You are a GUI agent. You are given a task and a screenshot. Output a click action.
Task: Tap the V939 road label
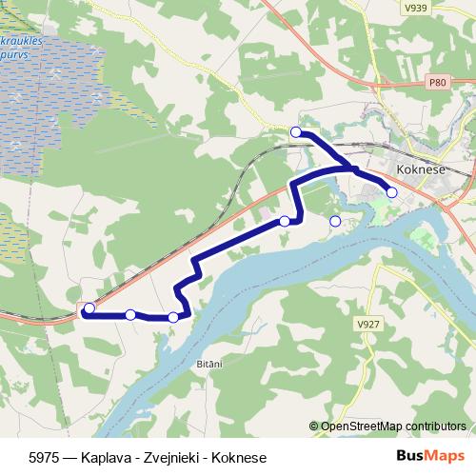(x=414, y=8)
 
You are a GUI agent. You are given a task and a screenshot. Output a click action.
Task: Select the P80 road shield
(x=437, y=83)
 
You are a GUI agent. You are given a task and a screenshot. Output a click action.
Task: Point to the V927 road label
(x=367, y=324)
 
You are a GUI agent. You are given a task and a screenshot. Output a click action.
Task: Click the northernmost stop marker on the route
(x=296, y=131)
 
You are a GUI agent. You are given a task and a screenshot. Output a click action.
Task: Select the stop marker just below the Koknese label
(x=391, y=192)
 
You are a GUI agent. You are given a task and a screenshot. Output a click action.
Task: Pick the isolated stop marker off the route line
(x=335, y=222)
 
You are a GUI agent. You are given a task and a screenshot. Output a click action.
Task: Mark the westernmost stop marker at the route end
(x=89, y=308)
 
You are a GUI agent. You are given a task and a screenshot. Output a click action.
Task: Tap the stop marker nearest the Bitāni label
(x=172, y=318)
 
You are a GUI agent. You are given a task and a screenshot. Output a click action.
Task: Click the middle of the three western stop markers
(x=130, y=314)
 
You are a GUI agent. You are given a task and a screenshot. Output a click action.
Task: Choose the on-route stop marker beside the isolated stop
(x=285, y=222)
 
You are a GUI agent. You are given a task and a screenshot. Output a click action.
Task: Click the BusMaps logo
(x=431, y=457)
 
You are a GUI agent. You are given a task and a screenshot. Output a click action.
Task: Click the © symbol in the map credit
(x=315, y=426)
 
